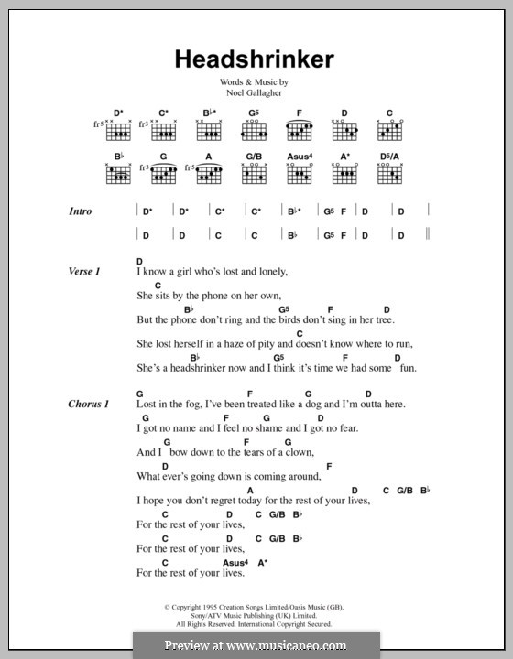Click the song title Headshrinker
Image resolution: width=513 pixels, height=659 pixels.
point(256,60)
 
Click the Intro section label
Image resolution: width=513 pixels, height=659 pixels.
point(81,211)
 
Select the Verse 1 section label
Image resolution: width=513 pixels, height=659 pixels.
point(83,272)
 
